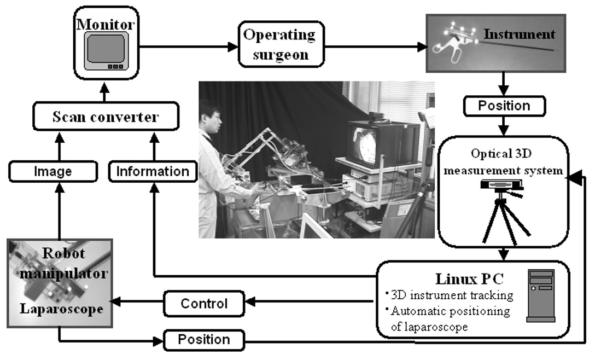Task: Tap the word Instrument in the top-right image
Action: pyautogui.click(x=519, y=34)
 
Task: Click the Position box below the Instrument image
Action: pyautogui.click(x=504, y=105)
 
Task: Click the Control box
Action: pyautogui.click(x=205, y=302)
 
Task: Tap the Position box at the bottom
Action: pyautogui.click(x=204, y=340)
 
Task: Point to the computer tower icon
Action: pyautogui.click(x=540, y=295)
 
